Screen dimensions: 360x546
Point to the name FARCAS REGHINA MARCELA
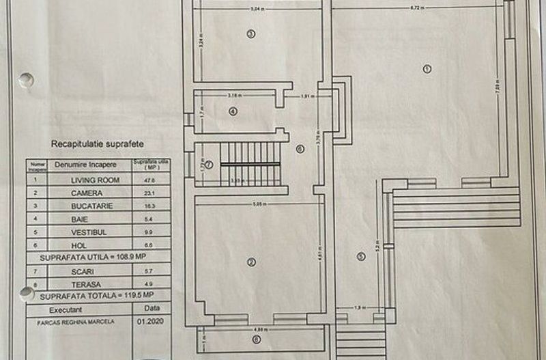75,321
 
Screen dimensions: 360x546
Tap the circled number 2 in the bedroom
251,262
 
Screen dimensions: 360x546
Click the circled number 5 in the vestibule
361,257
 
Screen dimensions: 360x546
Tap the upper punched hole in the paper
26,80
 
